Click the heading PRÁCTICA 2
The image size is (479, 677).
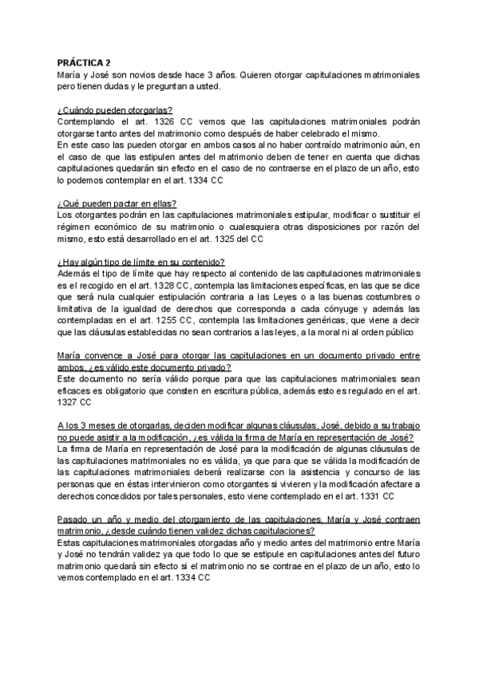85,62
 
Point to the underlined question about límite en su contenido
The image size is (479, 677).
141,261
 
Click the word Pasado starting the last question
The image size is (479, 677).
76,519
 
